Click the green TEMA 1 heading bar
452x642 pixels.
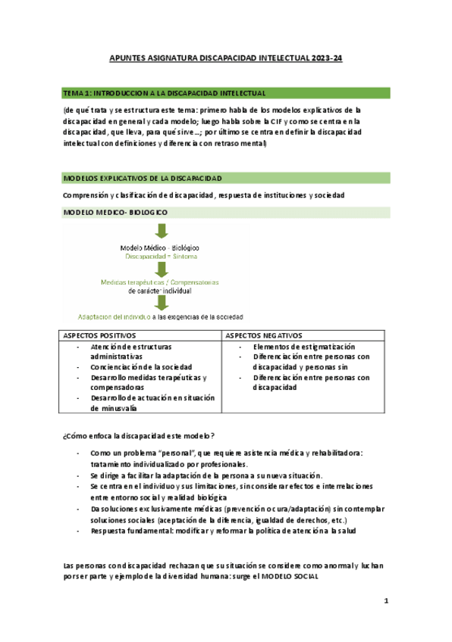click(x=226, y=93)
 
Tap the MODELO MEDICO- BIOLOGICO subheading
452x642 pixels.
click(x=115, y=213)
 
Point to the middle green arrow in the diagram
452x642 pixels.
click(x=161, y=270)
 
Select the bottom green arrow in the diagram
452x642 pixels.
click(x=161, y=304)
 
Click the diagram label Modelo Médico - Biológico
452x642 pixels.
click(x=160, y=248)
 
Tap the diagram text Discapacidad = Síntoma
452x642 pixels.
click(x=160, y=257)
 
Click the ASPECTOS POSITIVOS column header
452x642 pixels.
click(x=99, y=335)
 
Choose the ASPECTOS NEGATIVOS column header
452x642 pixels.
click(x=262, y=335)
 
